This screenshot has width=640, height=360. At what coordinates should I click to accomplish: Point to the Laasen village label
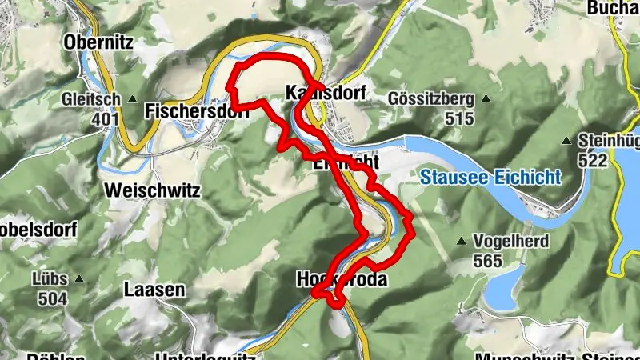click(x=154, y=290)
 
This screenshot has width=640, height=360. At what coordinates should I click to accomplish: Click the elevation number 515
click(x=460, y=118)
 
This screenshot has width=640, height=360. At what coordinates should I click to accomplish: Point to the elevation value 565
click(x=487, y=261)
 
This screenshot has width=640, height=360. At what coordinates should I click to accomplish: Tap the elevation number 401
click(x=105, y=119)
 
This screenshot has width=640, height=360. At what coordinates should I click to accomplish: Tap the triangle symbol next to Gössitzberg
click(x=484, y=99)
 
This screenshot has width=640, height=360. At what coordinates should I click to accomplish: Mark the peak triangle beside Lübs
click(x=79, y=280)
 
